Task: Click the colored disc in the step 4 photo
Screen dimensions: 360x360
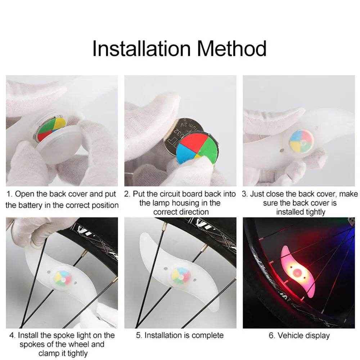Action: [x=63, y=277]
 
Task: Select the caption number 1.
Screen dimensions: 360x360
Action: [x=9, y=194]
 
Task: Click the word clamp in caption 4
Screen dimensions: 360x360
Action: [x=49, y=354]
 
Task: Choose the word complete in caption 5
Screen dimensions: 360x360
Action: [x=207, y=335]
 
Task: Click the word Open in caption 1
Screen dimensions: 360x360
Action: [x=25, y=194]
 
